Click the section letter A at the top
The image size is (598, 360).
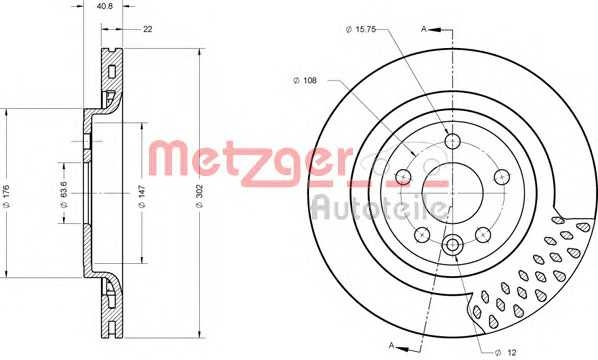click(x=424, y=30)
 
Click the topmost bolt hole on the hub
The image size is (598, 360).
click(x=453, y=140)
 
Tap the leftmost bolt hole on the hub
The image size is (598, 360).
click(x=404, y=177)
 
